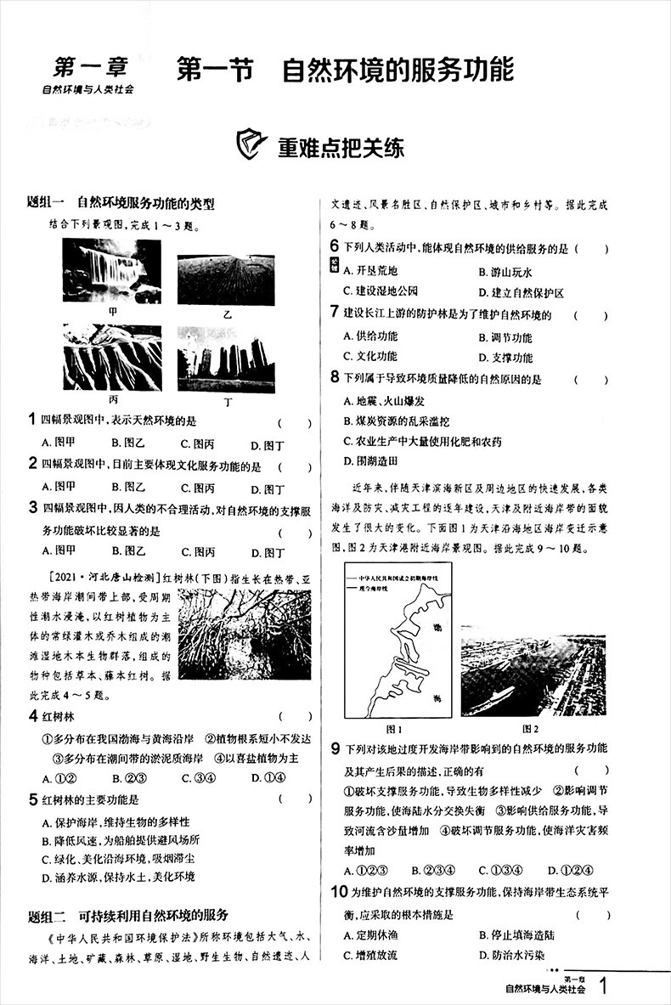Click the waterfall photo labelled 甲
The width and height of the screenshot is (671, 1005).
pos(111,270)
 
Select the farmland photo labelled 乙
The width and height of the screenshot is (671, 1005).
pos(226,279)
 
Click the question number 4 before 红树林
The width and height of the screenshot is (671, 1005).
pos(32,716)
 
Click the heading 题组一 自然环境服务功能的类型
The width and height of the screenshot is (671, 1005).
pos(121,204)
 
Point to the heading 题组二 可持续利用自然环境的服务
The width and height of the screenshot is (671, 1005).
pos(128,915)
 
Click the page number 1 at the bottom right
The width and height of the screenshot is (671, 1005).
pos(604,986)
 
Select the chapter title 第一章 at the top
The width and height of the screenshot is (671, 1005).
pos(91,66)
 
